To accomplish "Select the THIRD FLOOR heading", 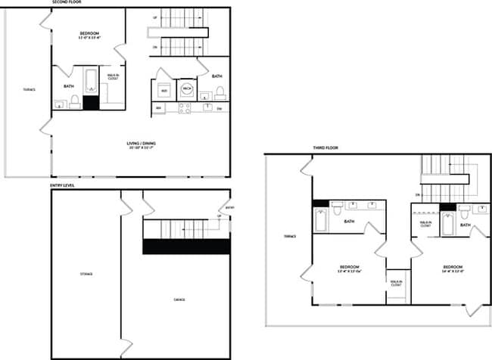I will tap(325, 148).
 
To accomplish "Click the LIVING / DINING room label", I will tap(141, 144).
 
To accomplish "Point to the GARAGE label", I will tap(179, 299).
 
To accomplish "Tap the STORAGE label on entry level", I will tap(86, 274).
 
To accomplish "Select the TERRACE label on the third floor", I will tap(290, 237).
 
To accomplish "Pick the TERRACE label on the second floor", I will tap(30, 89).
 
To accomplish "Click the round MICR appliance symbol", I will tap(187, 89).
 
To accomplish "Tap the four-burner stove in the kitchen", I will tap(184, 108).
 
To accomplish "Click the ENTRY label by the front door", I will tap(230, 207).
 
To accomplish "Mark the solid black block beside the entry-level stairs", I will tap(186, 247).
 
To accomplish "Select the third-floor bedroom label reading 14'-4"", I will tap(453, 270).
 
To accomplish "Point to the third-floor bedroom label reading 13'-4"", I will tap(349, 269).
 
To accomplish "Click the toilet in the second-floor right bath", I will tap(220, 93).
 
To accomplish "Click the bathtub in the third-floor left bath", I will tap(321, 220).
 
